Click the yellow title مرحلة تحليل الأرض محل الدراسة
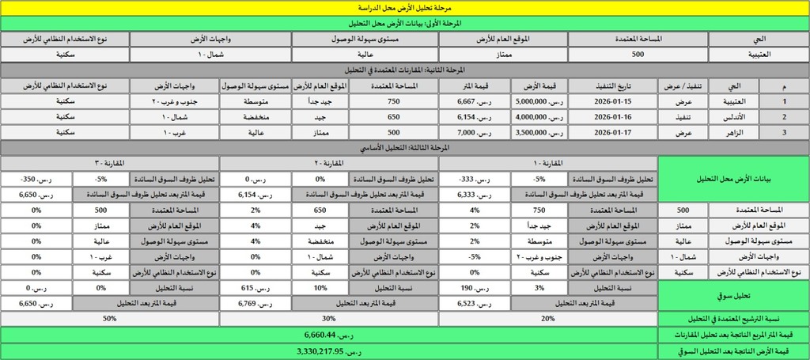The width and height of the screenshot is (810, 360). tap(404, 6)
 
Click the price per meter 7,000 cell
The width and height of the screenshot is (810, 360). tap(474, 133)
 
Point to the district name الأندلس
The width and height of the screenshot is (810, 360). tap(732, 117)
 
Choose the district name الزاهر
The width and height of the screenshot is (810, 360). tap(732, 133)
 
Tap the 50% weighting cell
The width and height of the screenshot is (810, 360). tap(109, 318)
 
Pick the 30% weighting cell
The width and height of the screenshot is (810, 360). tap(328, 318)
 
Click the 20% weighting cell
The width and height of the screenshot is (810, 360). tap(548, 318)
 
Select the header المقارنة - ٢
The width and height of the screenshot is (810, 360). tap(328, 163)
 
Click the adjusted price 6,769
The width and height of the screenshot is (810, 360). tap(254, 302)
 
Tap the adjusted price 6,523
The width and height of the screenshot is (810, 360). tap(473, 302)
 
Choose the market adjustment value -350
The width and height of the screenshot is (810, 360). tap(36, 179)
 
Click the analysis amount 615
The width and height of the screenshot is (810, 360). tap(254, 287)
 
